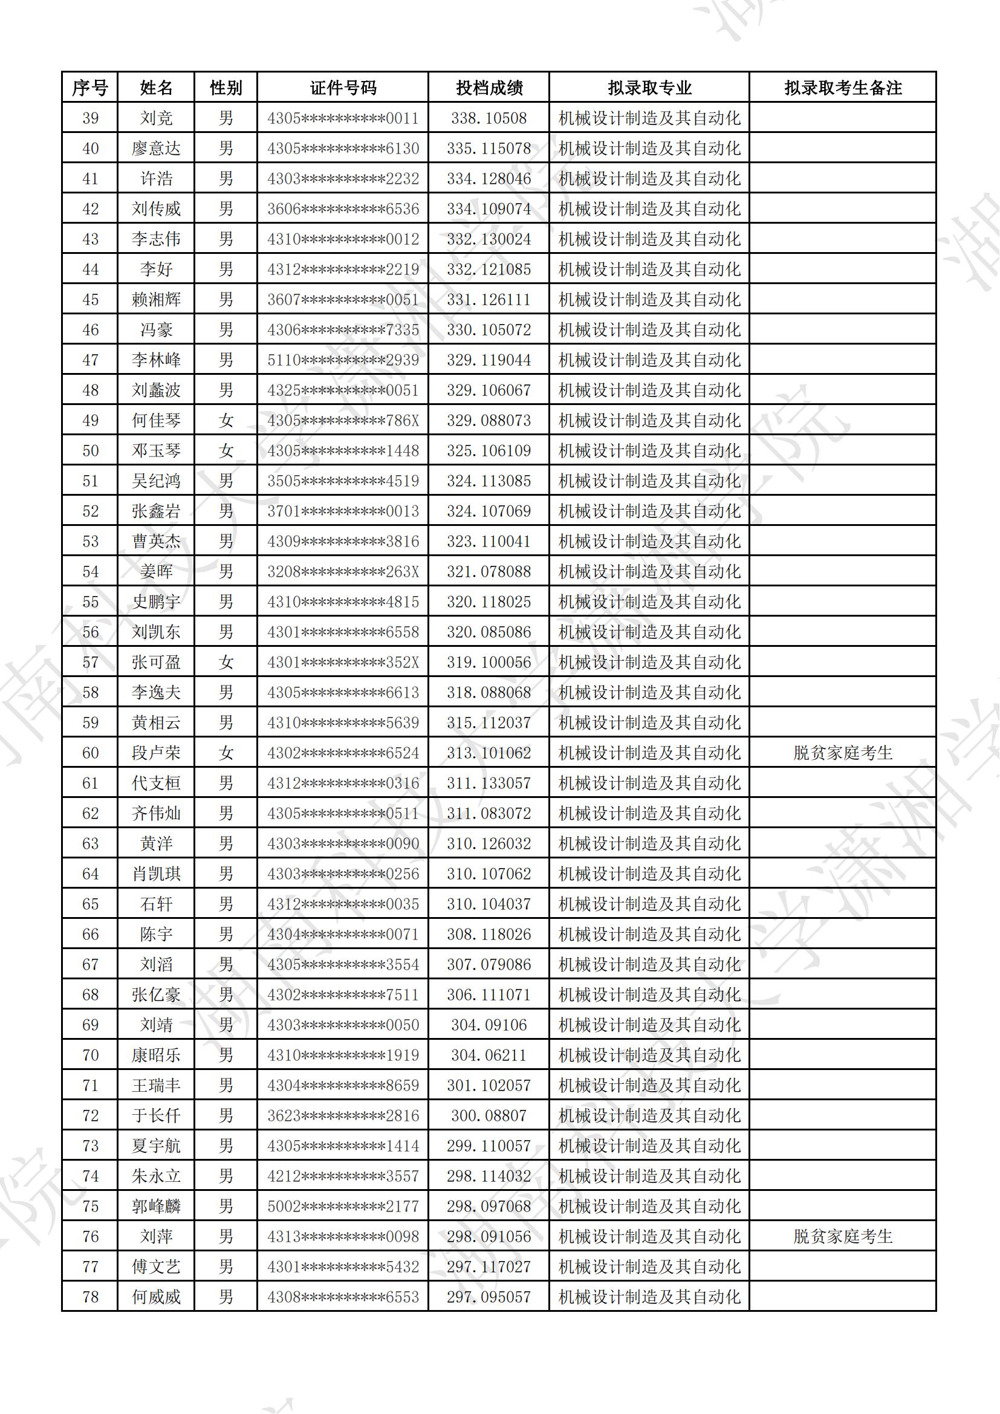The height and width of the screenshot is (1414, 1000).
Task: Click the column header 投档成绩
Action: pos(489,88)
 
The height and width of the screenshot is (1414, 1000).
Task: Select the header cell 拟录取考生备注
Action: pos(842,88)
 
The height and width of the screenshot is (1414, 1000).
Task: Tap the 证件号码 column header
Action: pos(343,88)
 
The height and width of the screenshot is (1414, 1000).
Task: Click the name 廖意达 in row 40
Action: pos(156,149)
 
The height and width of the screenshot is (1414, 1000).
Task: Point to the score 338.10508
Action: pos(489,118)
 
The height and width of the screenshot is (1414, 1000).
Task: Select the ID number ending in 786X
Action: pos(343,421)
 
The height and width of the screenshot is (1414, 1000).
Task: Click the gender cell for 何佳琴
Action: pos(226,421)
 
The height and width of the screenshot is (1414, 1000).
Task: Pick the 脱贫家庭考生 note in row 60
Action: pos(842,753)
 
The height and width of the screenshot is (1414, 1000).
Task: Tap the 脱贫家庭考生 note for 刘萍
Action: pos(842,1236)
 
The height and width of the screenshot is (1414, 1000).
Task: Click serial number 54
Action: pos(91,571)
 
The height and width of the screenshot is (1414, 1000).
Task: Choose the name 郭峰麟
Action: pos(156,1206)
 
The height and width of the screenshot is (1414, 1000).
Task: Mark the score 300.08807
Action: pos(489,1115)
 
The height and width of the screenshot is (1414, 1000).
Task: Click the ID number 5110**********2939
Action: pos(343,360)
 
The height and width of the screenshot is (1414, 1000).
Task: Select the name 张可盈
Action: pos(156,662)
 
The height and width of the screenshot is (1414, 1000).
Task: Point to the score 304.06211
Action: pos(489,1055)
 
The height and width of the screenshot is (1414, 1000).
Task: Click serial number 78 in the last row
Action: pos(91,1296)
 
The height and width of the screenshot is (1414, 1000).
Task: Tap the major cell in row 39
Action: pos(649,118)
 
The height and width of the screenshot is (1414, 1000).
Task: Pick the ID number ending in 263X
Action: pos(343,571)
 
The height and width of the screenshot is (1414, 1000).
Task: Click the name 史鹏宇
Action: pos(156,602)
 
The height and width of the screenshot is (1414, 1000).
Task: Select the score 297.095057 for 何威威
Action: pos(489,1296)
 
